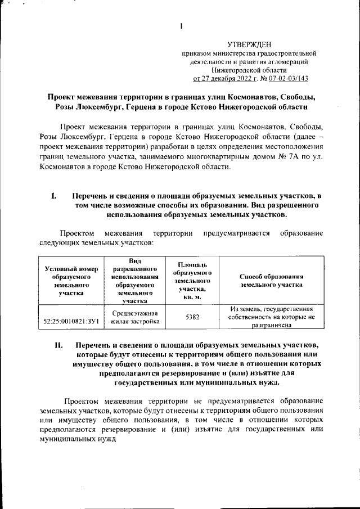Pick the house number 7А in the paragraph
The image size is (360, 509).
tap(298, 157)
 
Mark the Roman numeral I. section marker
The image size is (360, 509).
tap(54, 196)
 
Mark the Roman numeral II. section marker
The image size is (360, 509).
tap(57, 344)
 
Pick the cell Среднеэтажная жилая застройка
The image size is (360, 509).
tap(134, 318)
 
